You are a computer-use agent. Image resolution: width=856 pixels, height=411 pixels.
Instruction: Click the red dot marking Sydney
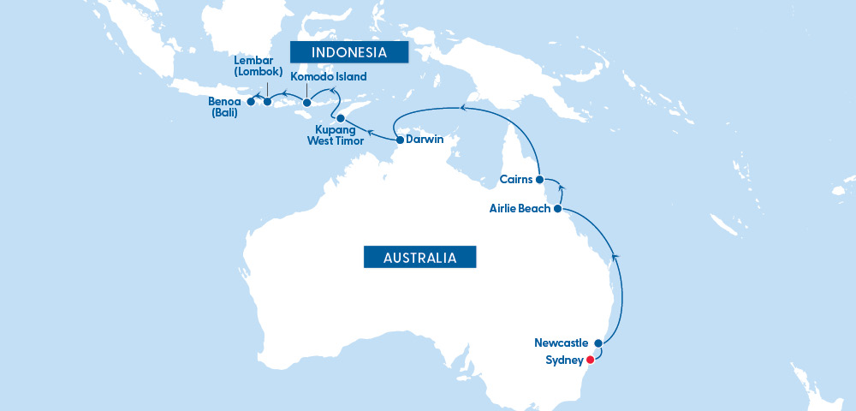click(590, 360)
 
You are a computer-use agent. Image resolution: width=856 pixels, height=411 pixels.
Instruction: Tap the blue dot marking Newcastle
click(597, 343)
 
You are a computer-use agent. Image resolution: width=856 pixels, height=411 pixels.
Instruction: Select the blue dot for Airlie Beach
click(558, 208)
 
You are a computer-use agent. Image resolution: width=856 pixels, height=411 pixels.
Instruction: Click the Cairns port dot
click(539, 180)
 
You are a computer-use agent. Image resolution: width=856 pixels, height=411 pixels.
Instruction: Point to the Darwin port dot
click(400, 140)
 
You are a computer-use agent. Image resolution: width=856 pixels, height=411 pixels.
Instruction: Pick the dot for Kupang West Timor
click(340, 118)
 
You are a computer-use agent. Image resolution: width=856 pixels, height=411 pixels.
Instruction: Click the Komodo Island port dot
click(306, 104)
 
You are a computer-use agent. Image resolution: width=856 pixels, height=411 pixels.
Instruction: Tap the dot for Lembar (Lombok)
click(267, 103)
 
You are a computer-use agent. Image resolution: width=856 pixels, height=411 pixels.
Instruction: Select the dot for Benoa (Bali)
click(250, 102)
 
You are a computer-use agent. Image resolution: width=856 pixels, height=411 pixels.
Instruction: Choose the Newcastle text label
click(562, 343)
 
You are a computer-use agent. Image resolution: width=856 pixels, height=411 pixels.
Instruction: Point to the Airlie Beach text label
click(520, 208)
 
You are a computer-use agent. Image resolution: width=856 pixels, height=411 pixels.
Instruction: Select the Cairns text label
click(515, 180)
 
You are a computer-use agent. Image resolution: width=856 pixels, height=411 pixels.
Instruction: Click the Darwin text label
click(425, 140)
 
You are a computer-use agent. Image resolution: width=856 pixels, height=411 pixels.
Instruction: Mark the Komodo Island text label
click(329, 77)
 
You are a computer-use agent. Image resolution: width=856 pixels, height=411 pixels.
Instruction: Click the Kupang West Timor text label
click(335, 135)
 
